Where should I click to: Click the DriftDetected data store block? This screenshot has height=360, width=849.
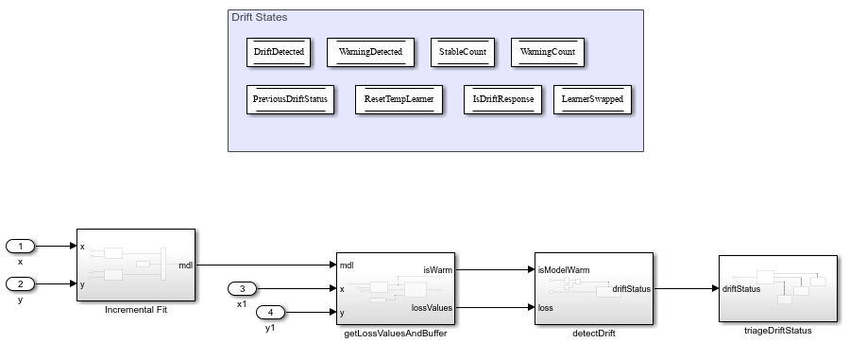pos(280,53)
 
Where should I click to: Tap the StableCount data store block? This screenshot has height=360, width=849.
pos(463,53)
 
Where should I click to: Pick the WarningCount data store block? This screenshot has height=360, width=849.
pos(548,53)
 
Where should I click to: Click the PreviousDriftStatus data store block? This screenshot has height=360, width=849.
pos(291,99)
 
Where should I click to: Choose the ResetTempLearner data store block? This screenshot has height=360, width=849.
pos(399,99)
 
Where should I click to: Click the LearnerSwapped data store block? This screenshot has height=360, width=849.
pos(592,99)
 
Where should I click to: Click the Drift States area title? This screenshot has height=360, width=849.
pos(260,18)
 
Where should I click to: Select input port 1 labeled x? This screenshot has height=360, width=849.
pos(21,247)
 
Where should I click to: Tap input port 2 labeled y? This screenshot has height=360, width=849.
pos(21,283)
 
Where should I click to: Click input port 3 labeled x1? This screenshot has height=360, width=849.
pos(242,289)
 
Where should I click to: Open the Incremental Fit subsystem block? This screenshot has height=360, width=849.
pos(135,265)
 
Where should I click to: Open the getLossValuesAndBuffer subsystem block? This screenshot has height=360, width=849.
pos(396,289)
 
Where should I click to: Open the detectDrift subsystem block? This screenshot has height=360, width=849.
pos(593,289)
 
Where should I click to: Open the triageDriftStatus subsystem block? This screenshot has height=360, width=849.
pos(777,289)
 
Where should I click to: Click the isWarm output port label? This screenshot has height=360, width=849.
pos(438,269)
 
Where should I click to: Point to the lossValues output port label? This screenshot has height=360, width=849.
pos(433,307)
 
